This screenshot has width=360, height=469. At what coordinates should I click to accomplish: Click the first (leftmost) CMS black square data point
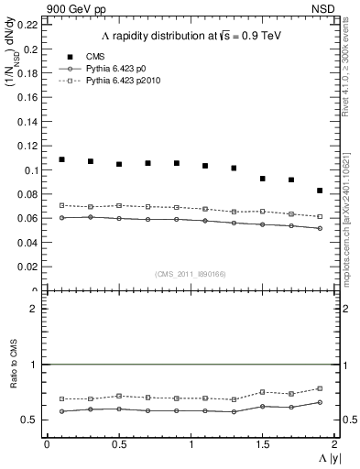click(61, 159)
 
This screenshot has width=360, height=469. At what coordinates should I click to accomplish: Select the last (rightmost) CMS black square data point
click(320, 191)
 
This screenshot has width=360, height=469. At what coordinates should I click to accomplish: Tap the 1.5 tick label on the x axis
click(262, 444)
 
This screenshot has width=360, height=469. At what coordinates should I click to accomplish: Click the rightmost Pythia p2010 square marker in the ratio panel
click(320, 388)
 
